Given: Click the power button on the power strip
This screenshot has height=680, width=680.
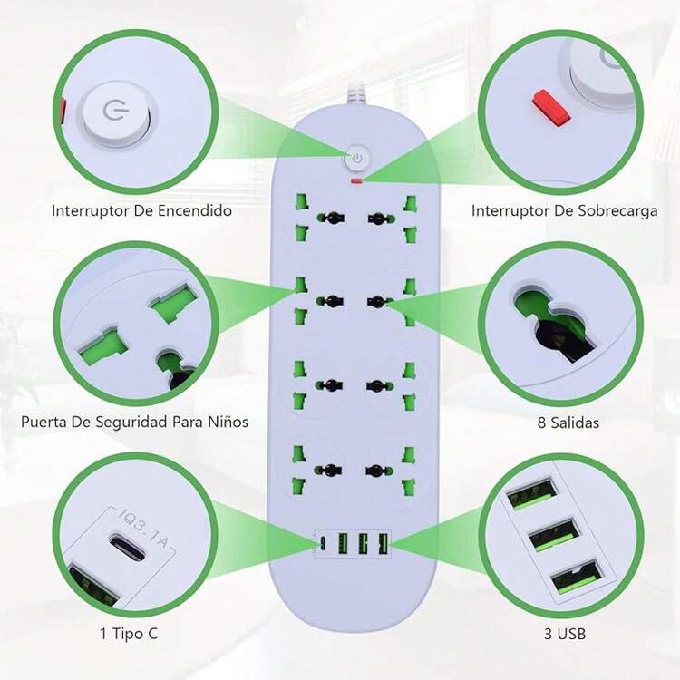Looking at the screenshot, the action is click(x=357, y=159).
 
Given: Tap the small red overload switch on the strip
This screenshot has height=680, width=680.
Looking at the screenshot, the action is click(x=357, y=180).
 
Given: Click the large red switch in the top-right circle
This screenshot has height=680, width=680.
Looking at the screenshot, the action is click(x=550, y=109).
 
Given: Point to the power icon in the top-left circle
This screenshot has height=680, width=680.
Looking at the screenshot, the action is click(x=115, y=110).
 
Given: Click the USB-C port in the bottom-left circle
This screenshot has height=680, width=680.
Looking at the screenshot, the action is click(x=126, y=548).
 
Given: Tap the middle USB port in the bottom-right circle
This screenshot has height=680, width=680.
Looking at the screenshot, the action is click(x=555, y=534).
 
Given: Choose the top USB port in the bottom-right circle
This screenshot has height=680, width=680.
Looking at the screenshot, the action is click(x=532, y=493).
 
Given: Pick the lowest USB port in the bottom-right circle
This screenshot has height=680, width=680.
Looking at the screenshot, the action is click(x=578, y=577).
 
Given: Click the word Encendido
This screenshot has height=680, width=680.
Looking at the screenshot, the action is click(x=194, y=210).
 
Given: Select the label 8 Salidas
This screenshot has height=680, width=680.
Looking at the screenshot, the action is click(x=568, y=423).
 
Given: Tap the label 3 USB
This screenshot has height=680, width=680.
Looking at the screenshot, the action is click(x=565, y=634).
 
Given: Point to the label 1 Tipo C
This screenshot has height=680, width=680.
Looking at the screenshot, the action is click(x=129, y=634).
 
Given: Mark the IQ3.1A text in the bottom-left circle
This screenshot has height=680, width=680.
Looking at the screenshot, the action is click(x=143, y=529).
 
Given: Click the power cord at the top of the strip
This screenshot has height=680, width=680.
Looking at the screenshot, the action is click(x=355, y=94).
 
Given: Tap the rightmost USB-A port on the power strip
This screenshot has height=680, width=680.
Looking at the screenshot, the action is click(x=384, y=543).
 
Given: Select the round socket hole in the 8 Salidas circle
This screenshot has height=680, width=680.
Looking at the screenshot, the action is click(x=556, y=320).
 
